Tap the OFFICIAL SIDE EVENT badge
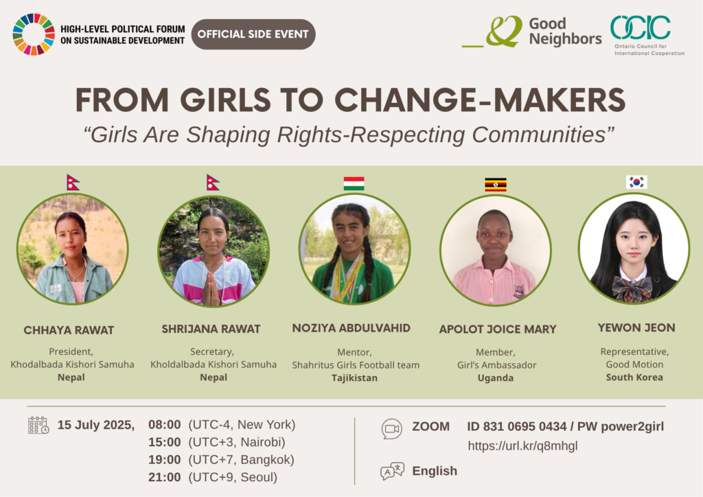coord(253,34)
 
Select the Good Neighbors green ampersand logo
coord(504,32)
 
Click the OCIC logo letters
coord(641,27)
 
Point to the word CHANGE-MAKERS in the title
coord(480,100)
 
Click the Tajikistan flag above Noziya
coord(354,184)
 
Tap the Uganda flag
coord(496,185)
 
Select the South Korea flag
coord(636,182)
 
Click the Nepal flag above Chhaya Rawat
coord(73,183)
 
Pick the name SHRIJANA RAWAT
coord(211,329)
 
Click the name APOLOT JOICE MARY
coord(498,330)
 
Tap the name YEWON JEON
coord(636,327)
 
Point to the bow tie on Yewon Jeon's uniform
coord(632,288)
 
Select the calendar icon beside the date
coord(38,426)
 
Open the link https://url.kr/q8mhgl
coord(522,446)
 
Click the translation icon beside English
coord(392,471)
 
